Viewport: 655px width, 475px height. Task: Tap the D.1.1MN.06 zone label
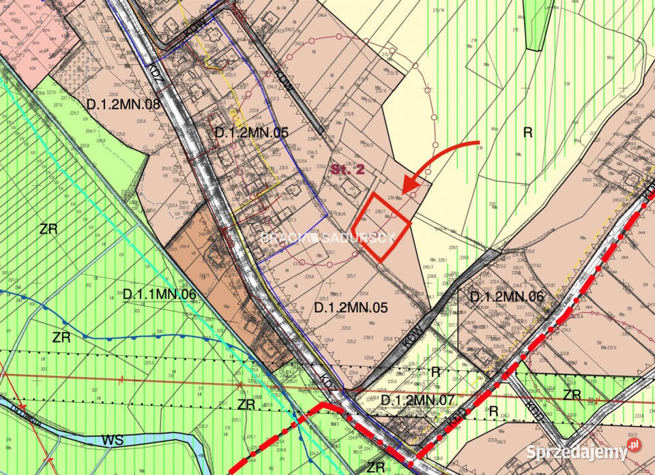coord(160,294)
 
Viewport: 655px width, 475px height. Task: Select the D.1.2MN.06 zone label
coord(507,296)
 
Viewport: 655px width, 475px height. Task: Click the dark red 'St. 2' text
coord(349,169)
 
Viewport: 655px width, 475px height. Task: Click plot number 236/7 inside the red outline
coord(381,212)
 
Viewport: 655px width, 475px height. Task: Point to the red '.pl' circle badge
coord(635,445)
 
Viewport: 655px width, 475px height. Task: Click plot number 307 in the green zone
coord(93,390)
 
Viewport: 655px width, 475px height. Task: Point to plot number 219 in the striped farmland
coord(566,83)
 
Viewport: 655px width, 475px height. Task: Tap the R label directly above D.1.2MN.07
coord(436,371)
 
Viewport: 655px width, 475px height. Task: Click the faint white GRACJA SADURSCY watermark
coord(327,237)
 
